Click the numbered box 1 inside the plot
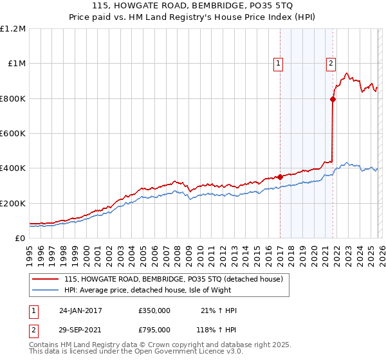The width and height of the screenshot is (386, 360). click(279, 63)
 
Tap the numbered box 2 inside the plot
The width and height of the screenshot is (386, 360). click(331, 63)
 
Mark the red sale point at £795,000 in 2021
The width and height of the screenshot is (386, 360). click(333, 99)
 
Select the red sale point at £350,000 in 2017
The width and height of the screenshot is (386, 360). click(280, 177)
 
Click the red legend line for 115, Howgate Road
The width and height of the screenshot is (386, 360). click(44, 280)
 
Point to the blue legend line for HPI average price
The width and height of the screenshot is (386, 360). click(44, 290)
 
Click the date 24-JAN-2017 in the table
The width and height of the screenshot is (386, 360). click(80, 310)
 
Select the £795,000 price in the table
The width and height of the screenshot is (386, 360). click(154, 328)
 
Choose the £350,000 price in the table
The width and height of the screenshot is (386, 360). click(154, 310)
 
